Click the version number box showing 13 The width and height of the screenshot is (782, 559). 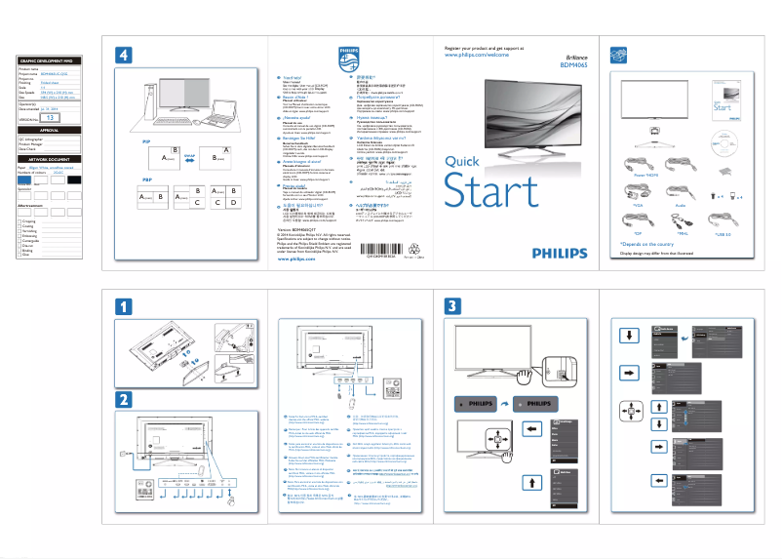pos(55,117)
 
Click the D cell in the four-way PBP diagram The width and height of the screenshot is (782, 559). pos(232,202)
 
